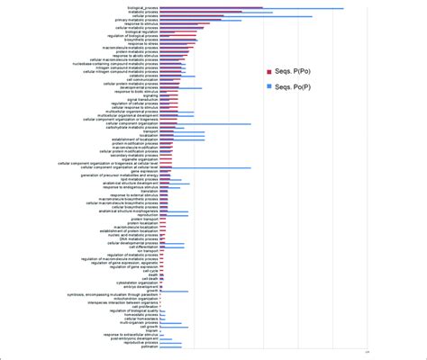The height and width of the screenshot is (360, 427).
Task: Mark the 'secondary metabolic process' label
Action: click(135, 157)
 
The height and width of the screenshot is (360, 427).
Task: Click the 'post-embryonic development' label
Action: click(134, 338)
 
